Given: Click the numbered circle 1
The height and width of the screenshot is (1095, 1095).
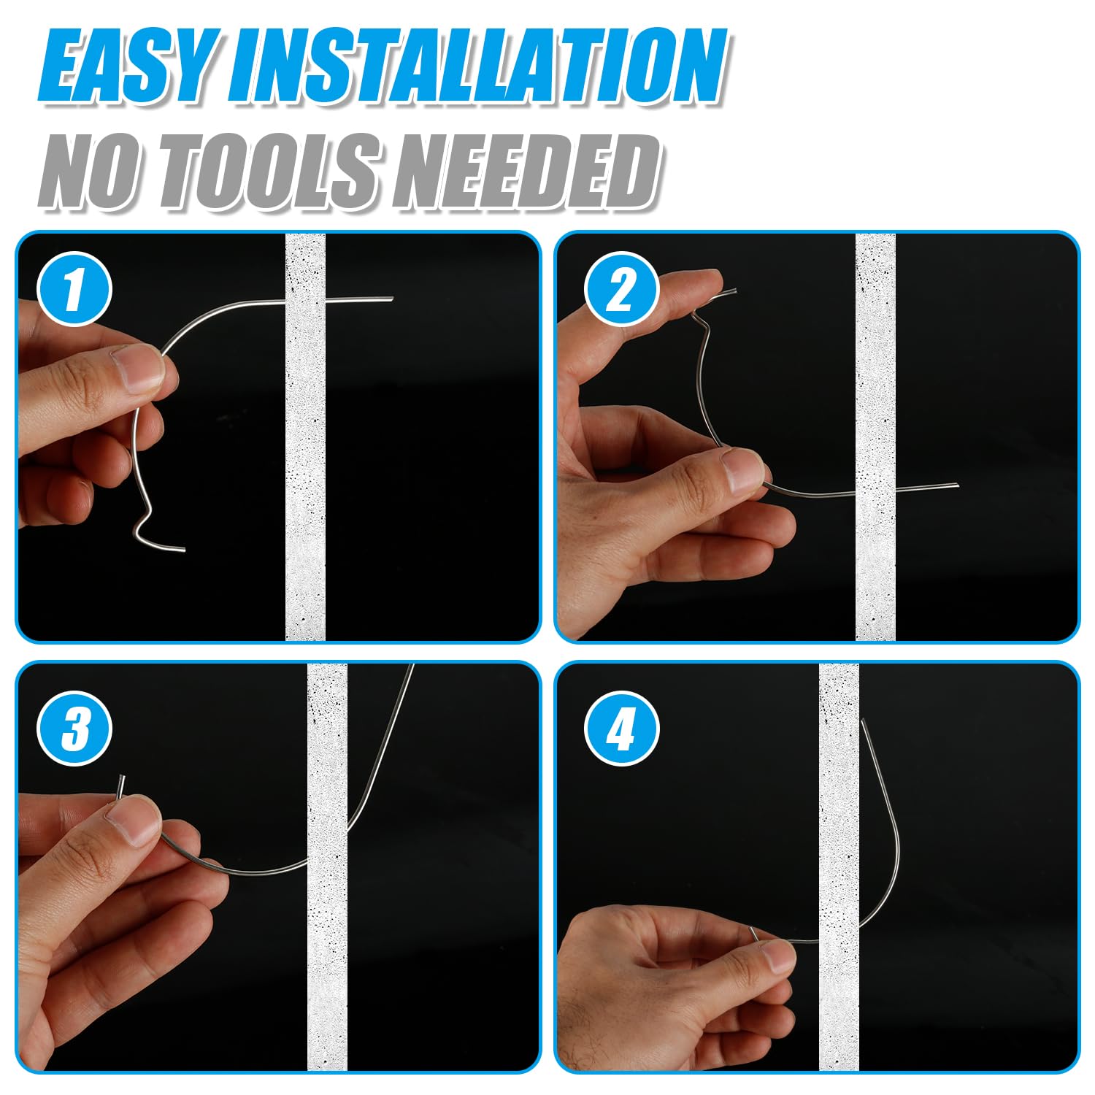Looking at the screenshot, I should tap(74, 289).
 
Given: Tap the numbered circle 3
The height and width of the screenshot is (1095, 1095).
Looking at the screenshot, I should tap(74, 729).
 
